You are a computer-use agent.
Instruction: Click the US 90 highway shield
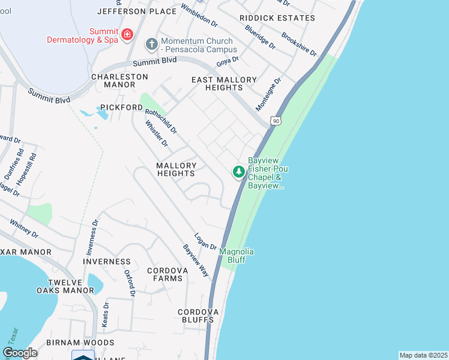pyautogui.click(x=276, y=121)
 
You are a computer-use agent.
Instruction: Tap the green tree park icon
pyautogui.click(x=239, y=172)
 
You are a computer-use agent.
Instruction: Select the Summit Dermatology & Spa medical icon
pyautogui.click(x=127, y=35)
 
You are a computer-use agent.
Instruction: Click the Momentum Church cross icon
pyautogui.click(x=151, y=44)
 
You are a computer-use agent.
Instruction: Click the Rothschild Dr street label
pyautogui.click(x=161, y=120)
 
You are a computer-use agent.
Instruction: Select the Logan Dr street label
pyautogui.click(x=205, y=241)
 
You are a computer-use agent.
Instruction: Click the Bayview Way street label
pyautogui.click(x=196, y=260)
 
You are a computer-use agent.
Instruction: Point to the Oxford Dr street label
pyautogui.click(x=129, y=283)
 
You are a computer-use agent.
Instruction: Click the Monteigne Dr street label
pyautogui.click(x=268, y=94)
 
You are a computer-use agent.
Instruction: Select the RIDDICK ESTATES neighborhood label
pyautogui.click(x=277, y=18)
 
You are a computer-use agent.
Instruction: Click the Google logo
pyautogui.click(x=20, y=353)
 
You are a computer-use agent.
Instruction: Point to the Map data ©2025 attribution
pyautogui.click(x=423, y=355)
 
